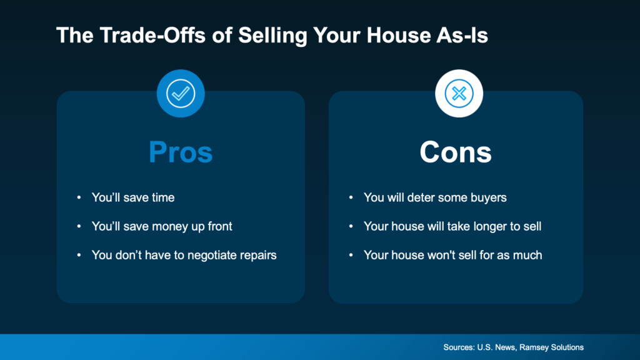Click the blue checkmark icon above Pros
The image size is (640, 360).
[x=181, y=94]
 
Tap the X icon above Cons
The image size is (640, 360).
[x=459, y=94]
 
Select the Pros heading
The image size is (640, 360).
[x=181, y=152]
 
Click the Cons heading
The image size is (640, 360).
[x=456, y=152]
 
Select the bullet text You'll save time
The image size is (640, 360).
[x=133, y=197]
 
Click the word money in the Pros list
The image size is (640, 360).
[x=175, y=226]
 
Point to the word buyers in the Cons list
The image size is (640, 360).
[x=487, y=197]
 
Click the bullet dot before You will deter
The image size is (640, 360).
[x=351, y=198]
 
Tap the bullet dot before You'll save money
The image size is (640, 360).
[x=79, y=227]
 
